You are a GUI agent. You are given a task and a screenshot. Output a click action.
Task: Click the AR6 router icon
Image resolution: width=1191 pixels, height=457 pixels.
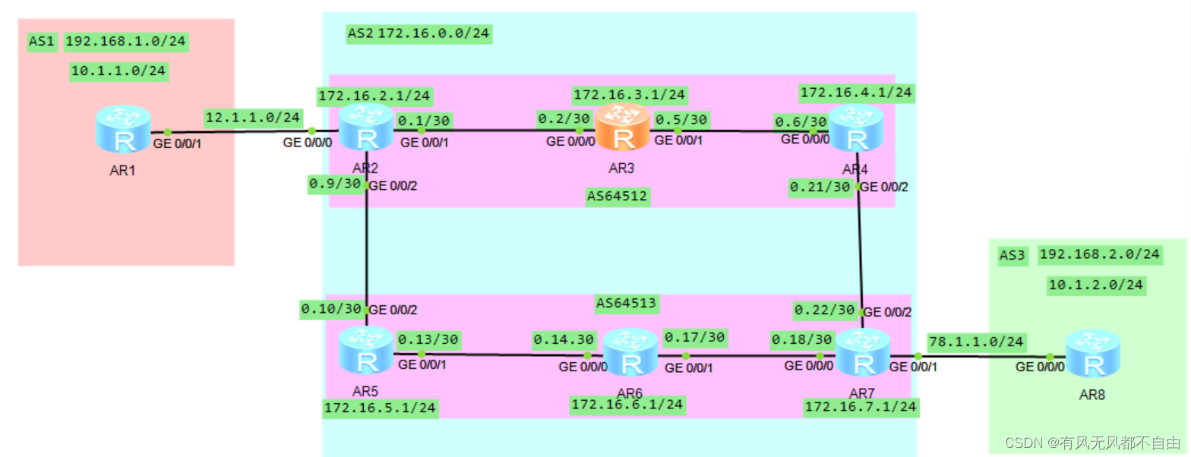click(x=630, y=353)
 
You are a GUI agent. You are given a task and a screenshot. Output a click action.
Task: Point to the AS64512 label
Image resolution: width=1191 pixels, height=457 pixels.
click(x=618, y=197)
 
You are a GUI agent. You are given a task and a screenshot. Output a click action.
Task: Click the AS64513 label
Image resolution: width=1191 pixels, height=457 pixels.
click(x=627, y=304)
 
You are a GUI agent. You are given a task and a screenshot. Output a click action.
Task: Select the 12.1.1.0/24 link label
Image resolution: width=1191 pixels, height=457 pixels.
click(x=253, y=118)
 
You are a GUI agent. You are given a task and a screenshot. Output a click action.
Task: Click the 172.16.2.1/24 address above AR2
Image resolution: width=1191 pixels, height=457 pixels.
click(x=375, y=96)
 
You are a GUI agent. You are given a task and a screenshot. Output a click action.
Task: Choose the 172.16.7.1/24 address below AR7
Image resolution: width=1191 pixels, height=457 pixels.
click(x=861, y=408)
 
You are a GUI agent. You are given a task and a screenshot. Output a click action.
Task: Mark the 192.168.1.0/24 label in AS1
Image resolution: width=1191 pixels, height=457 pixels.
click(x=126, y=42)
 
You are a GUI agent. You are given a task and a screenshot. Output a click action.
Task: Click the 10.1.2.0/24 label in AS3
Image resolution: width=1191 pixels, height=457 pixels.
click(x=1096, y=285)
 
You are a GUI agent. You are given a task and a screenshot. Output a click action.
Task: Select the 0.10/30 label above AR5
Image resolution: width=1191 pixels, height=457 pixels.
click(x=333, y=310)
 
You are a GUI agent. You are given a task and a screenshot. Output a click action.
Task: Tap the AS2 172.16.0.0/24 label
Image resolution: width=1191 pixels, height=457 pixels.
click(x=418, y=33)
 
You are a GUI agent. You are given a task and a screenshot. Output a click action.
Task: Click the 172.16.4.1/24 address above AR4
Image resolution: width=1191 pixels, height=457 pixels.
click(x=857, y=93)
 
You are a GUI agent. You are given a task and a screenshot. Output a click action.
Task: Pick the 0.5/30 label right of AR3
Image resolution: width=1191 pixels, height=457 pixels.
click(x=681, y=119)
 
